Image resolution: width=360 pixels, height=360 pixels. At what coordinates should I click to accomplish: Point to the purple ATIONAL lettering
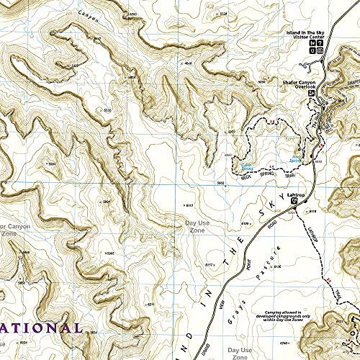[x=41, y=328]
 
